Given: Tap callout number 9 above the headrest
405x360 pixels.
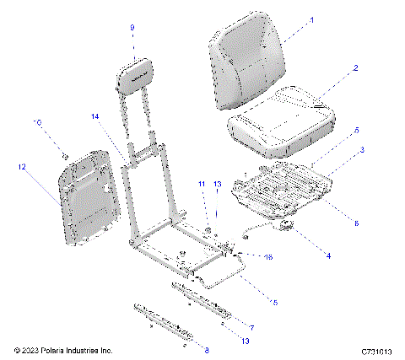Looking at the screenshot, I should (132, 27).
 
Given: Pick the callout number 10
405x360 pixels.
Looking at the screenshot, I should (36, 122).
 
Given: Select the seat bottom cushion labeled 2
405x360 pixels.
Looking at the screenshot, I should (278, 122).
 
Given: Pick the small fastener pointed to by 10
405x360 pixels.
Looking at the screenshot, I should (66, 155).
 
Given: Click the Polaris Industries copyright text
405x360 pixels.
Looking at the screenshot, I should (63, 350).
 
